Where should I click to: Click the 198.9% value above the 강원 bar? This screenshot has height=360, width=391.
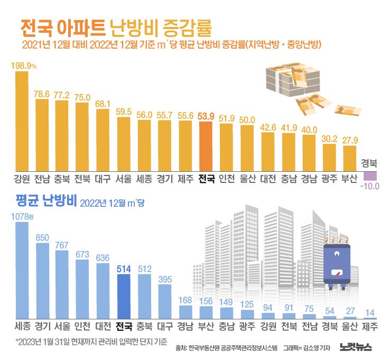pos(24,65)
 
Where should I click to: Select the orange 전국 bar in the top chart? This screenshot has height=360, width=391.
pos(206,146)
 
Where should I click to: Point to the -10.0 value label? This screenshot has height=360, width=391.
pos(369,186)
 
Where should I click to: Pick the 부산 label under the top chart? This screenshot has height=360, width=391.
pos(349,179)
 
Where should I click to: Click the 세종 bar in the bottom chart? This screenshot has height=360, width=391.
pos(22,270)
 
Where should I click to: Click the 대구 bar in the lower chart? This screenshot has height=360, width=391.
pos(165,301)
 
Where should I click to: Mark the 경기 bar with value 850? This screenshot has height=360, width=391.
pos(42,280)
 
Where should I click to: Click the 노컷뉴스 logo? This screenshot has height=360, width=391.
pos(356,347)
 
